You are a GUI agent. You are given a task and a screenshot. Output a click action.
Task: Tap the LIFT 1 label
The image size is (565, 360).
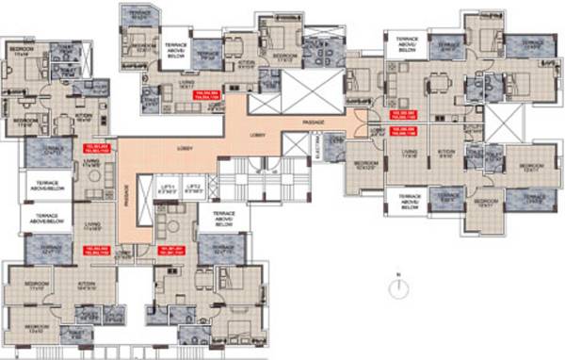[167, 186]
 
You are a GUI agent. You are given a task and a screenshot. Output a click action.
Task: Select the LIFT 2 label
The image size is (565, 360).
[192, 186]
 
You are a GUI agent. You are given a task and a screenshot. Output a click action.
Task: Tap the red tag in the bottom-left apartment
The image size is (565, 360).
[98, 249]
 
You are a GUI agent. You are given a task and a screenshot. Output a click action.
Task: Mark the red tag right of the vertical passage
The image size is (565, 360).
[169, 249]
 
